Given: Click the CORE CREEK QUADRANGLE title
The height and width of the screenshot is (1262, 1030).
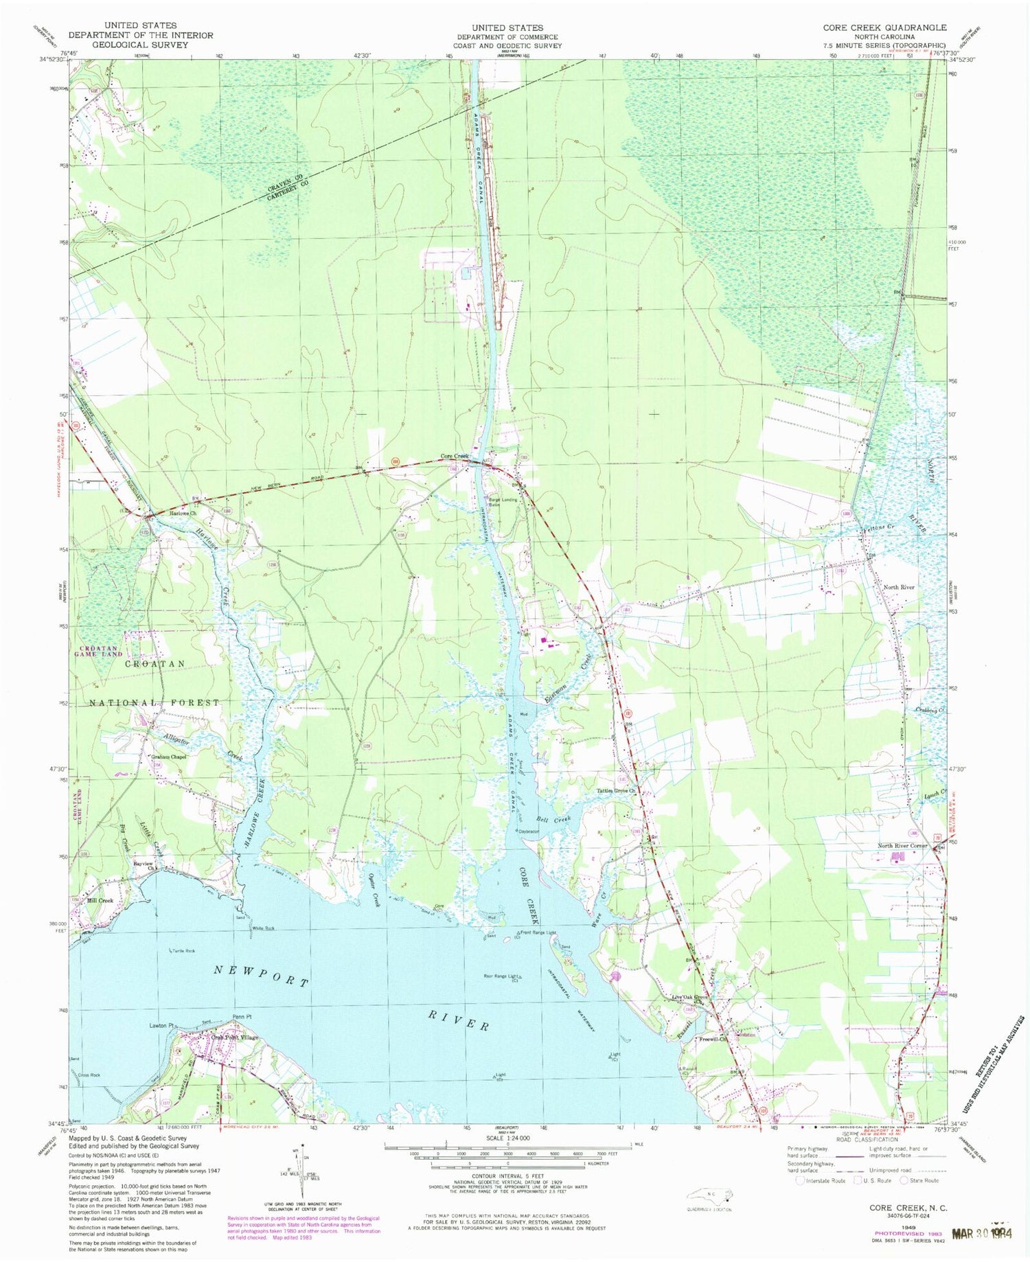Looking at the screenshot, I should (885, 27).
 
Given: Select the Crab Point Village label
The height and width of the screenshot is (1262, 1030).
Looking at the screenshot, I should (235, 1037).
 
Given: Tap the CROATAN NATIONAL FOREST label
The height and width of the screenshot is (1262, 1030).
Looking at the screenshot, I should (155, 683).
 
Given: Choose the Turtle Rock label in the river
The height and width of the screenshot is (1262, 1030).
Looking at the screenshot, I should (183, 951).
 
